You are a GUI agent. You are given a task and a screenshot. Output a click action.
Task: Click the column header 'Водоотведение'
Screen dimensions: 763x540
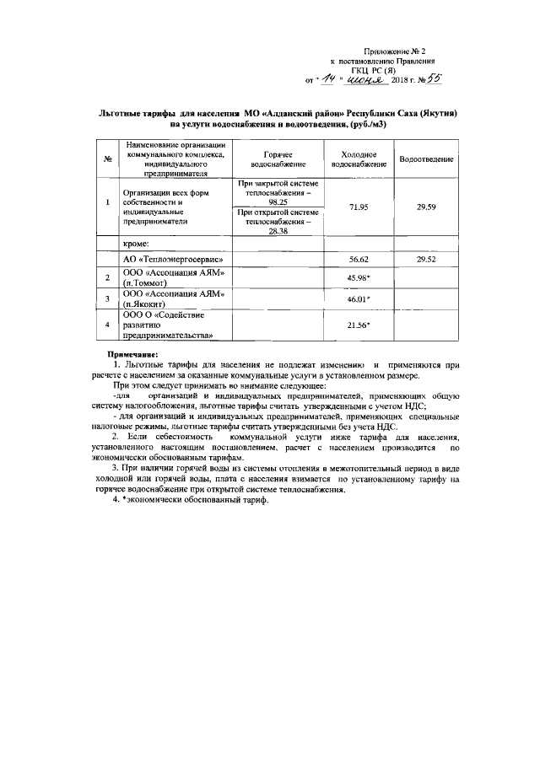(427, 159)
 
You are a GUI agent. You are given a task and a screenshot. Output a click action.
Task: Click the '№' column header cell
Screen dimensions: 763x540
(108, 160)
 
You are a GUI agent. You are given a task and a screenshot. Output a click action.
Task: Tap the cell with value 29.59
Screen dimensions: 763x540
(427, 207)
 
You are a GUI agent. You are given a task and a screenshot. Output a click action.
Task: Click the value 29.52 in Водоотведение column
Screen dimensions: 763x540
(427, 261)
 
